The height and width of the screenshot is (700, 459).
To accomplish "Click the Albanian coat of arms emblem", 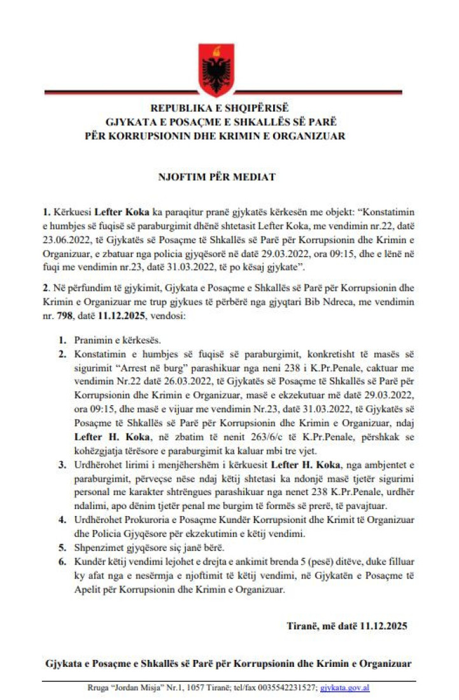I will [216, 64].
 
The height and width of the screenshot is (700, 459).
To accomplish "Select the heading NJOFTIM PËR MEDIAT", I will [216, 177].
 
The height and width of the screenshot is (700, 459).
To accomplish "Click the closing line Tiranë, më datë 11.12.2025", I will [347, 626].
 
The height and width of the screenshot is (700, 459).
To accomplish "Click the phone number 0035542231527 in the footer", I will [285, 688].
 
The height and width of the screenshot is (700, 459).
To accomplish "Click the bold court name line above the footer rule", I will [228, 663].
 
